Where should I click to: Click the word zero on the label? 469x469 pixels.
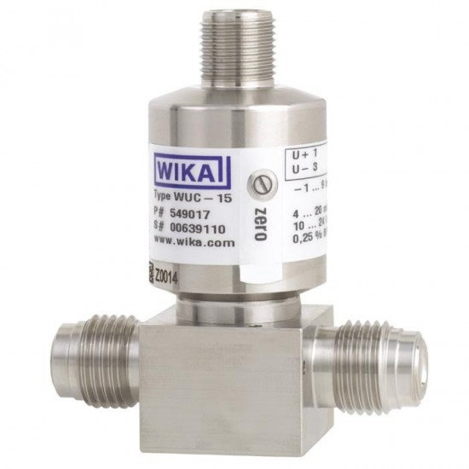click(262, 220)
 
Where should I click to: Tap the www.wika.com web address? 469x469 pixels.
click(194, 242)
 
